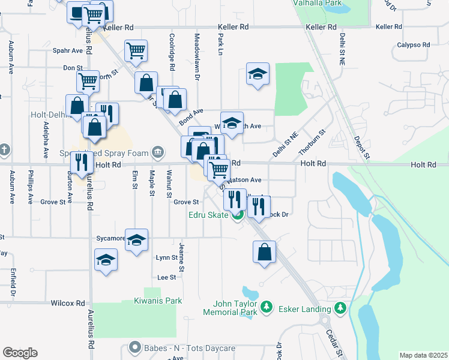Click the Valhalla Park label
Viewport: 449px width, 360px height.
pos(316,3)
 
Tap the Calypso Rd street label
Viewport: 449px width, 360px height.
pos(414,45)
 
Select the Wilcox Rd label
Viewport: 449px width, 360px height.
pos(68,304)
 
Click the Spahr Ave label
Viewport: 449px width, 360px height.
pos(68,51)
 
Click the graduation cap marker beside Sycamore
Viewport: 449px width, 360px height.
pos(136,239)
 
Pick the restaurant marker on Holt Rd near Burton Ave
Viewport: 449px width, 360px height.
pos(80,161)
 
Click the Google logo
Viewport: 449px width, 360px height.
pos(20,353)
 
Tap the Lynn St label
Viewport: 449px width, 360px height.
pos(166,257)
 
